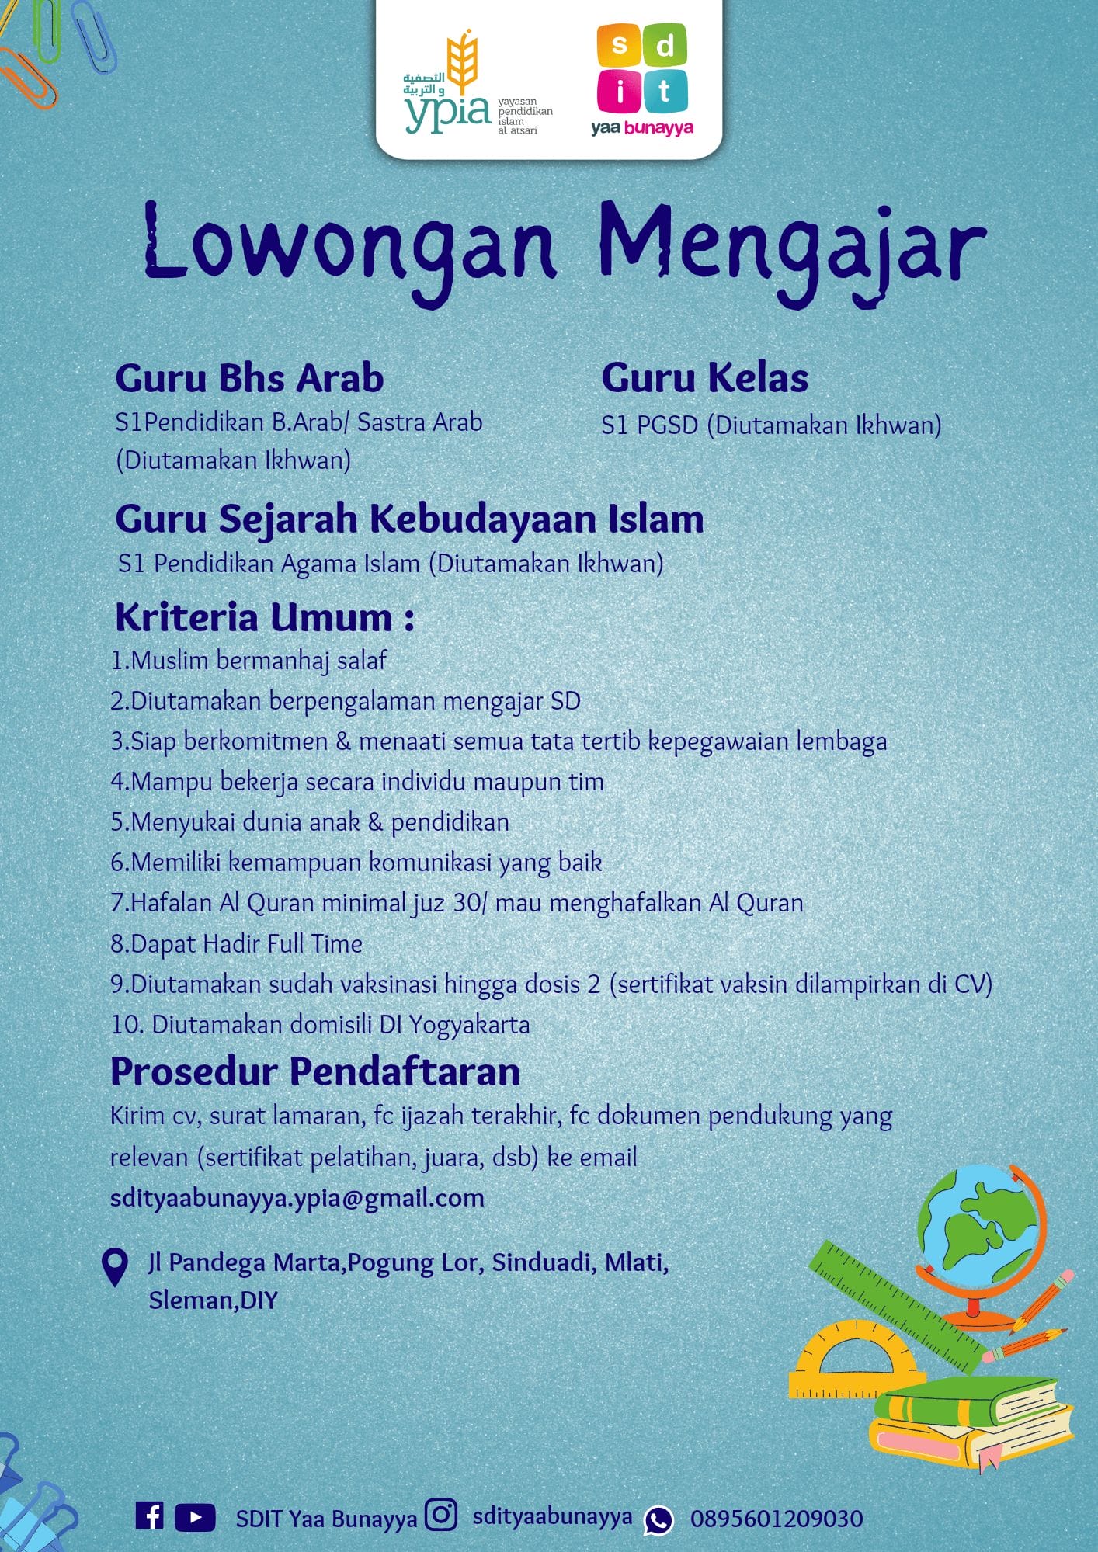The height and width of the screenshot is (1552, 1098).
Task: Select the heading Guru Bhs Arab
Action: [x=249, y=378]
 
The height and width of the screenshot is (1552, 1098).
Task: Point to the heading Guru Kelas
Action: [x=704, y=378]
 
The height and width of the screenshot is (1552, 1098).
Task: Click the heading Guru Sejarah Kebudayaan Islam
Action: [x=409, y=519]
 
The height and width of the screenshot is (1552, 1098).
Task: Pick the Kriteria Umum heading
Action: [x=264, y=618]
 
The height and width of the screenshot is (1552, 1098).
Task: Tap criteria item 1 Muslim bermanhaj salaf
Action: [x=248, y=661]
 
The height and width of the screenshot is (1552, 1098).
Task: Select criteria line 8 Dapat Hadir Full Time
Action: [x=237, y=943]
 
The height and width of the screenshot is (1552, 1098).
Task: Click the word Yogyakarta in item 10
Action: [x=469, y=1025]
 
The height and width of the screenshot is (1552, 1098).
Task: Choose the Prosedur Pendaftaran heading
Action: [x=315, y=1071]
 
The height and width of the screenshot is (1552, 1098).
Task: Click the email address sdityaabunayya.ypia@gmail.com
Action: [x=297, y=1198]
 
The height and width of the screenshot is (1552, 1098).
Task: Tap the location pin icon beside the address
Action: [x=115, y=1267]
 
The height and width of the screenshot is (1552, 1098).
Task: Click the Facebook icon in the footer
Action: [x=149, y=1516]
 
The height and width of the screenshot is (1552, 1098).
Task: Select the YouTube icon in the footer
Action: [x=195, y=1517]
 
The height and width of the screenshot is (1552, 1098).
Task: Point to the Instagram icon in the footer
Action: [x=441, y=1515]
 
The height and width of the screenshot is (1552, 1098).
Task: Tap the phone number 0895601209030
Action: [x=777, y=1519]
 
